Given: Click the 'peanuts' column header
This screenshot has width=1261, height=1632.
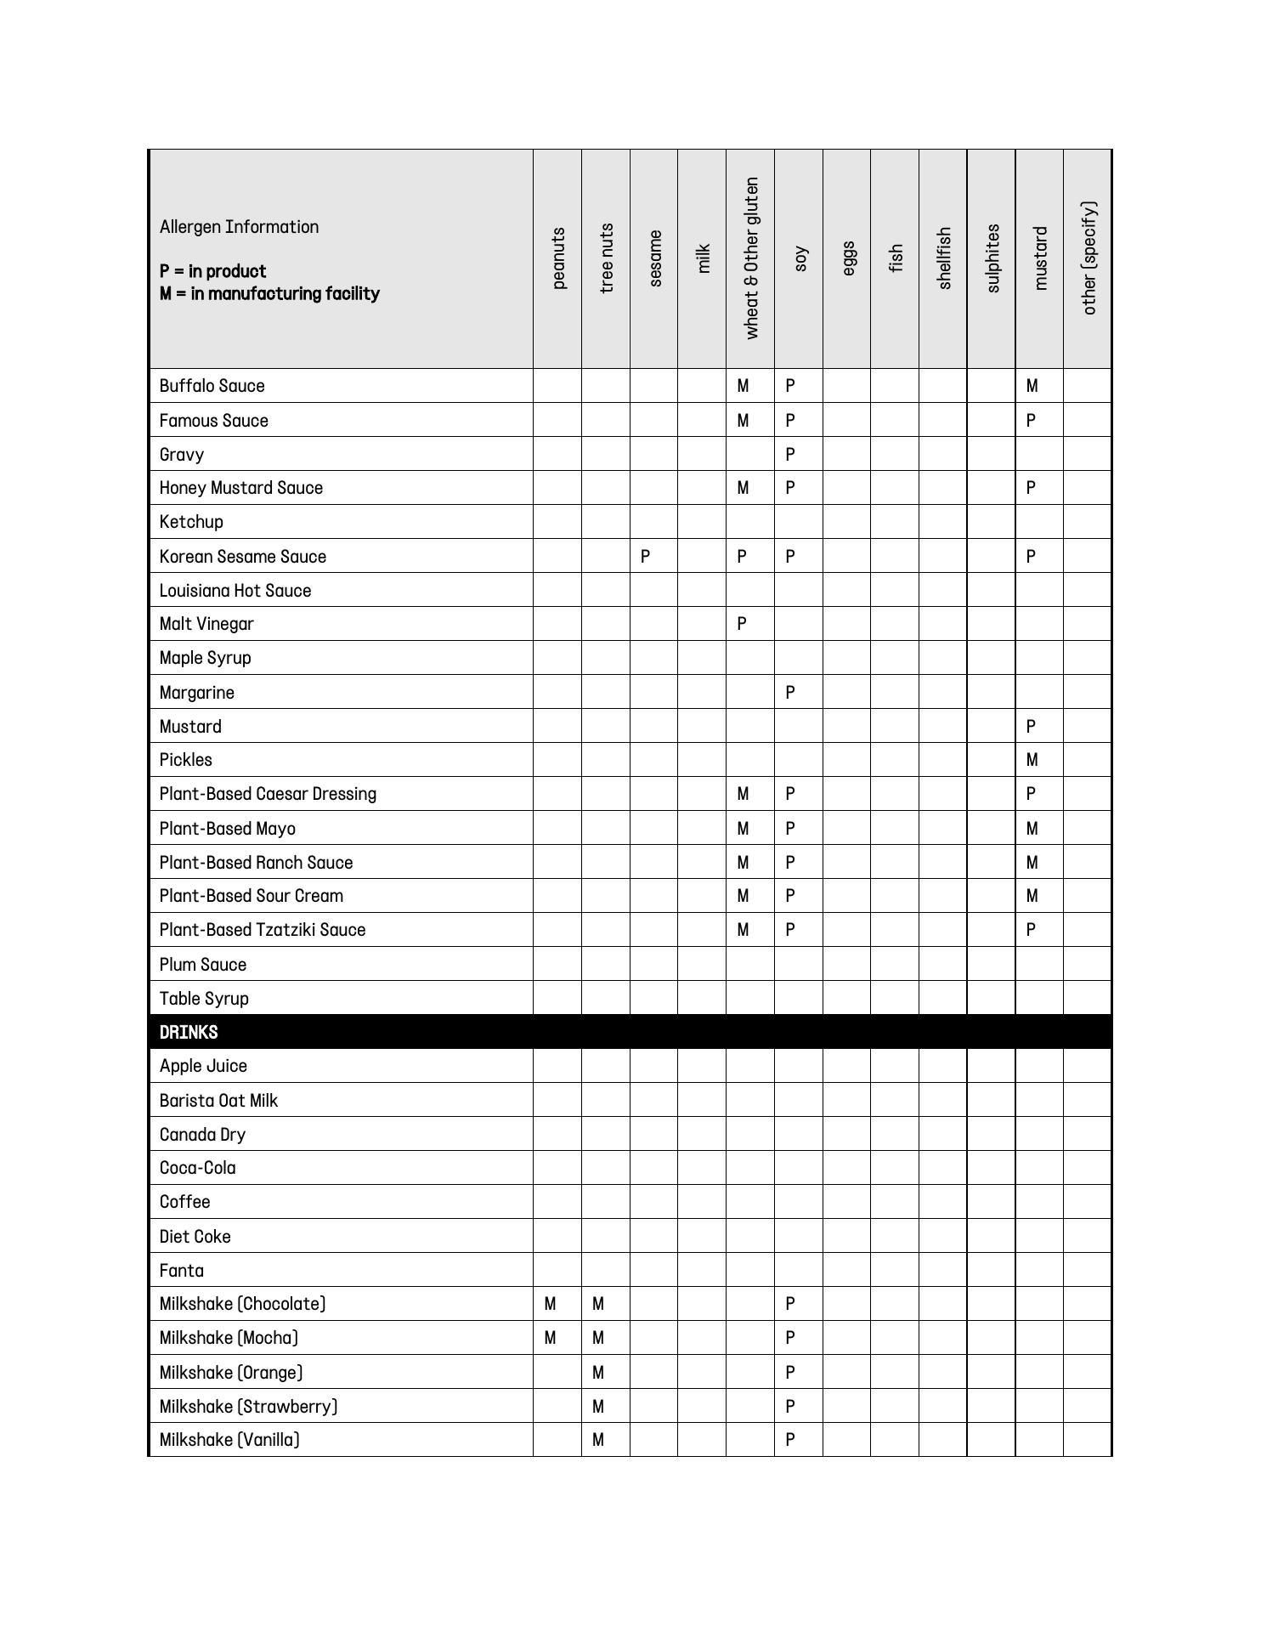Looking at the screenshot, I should click(x=557, y=258).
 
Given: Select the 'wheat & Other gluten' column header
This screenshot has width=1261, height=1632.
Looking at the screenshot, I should click(x=750, y=258).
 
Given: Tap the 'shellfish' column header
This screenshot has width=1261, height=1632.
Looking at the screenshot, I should click(x=943, y=258).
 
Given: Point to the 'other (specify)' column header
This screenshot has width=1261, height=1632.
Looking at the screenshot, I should click(x=1089, y=258).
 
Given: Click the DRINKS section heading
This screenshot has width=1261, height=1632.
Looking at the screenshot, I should click(x=189, y=1032).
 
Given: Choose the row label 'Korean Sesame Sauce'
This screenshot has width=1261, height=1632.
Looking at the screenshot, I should click(x=243, y=557).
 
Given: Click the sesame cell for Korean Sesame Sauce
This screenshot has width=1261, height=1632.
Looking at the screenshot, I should click(x=646, y=557).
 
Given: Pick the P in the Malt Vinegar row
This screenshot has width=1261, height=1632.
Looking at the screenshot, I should click(x=742, y=624).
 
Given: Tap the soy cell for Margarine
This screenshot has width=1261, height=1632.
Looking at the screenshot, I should click(x=790, y=693).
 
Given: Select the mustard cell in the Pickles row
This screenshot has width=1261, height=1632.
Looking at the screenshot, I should click(x=1032, y=760).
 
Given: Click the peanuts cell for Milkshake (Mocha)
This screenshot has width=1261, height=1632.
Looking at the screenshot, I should click(x=550, y=1338).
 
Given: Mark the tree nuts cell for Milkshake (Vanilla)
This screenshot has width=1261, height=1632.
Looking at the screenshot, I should click(x=598, y=1440).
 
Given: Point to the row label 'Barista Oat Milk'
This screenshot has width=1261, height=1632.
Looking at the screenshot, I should click(x=218, y=1101).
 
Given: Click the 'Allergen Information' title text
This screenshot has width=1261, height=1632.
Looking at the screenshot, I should click(x=239, y=227).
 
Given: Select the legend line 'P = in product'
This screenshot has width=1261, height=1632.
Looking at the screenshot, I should click(x=212, y=271).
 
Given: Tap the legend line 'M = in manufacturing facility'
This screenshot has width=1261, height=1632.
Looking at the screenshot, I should click(x=269, y=294).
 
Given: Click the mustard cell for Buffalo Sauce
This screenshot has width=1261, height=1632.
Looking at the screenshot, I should click(x=1032, y=386).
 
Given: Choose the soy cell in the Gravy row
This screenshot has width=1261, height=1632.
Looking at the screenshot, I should click(x=790, y=455).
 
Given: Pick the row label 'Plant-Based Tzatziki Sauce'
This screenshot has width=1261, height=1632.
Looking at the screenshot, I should click(x=263, y=930).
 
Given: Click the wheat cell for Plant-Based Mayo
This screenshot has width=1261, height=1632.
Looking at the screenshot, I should click(x=743, y=829).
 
